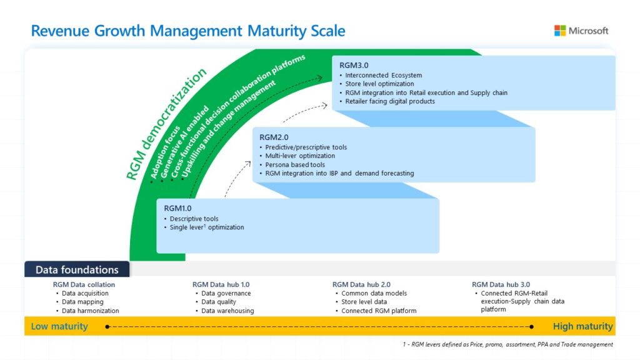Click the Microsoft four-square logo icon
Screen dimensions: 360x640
(560, 31)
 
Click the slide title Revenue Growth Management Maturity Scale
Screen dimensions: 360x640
(188, 31)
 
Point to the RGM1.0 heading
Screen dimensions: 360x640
(178, 208)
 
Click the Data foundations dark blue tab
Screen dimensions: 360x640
(77, 270)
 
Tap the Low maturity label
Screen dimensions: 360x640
(59, 326)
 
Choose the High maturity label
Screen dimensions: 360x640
(582, 326)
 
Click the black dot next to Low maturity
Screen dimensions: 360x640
(108, 326)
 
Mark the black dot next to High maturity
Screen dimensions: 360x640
(532, 326)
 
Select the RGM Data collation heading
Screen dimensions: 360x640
(84, 284)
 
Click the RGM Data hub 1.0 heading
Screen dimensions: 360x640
(221, 284)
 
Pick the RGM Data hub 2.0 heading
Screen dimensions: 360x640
(361, 284)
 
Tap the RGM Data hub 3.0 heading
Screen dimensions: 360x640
(501, 284)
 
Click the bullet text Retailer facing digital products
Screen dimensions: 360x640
(390, 101)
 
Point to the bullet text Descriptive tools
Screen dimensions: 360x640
(194, 219)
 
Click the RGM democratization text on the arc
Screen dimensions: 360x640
(166, 125)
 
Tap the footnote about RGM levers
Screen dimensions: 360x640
(507, 344)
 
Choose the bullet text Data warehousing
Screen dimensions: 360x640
(227, 311)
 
